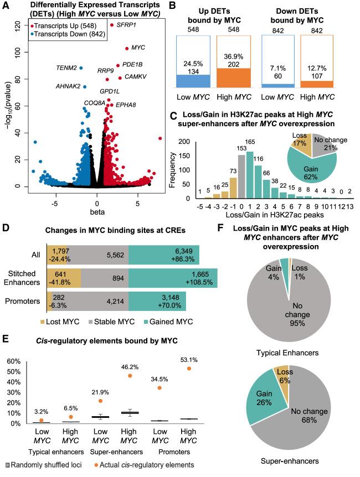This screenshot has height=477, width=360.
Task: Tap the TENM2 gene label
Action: (66, 68)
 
